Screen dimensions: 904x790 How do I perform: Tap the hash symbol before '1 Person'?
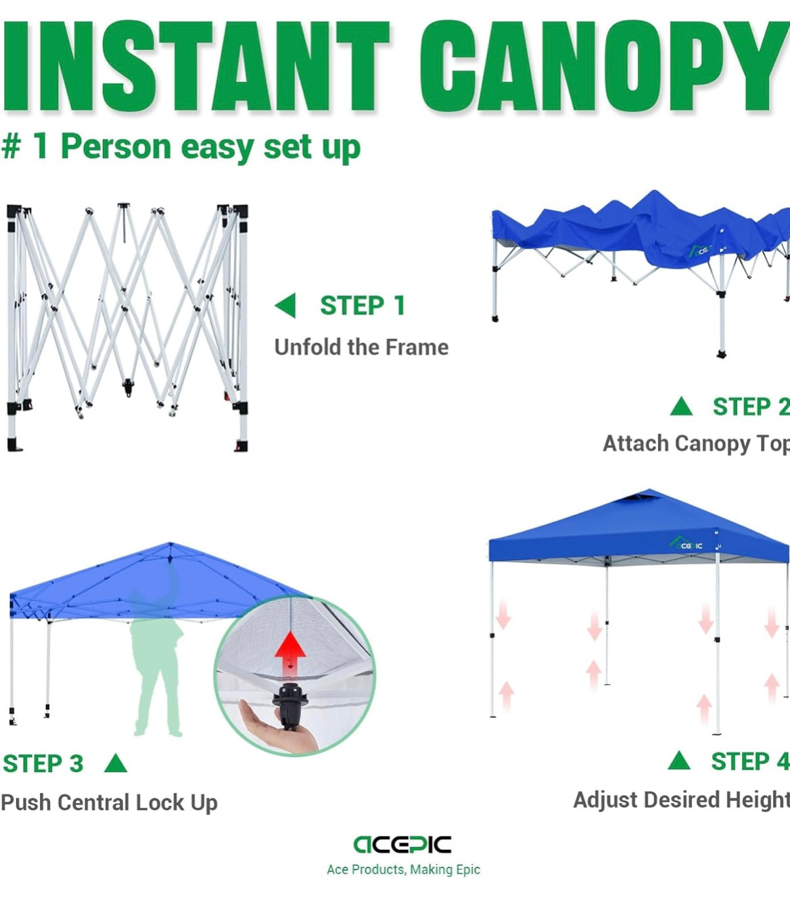pyautogui.click(x=11, y=147)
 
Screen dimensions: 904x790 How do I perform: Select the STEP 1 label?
pyautogui.click(x=363, y=306)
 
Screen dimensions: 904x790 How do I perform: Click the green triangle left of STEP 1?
pyautogui.click(x=286, y=306)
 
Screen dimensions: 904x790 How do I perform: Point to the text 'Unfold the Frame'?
pyautogui.click(x=361, y=347)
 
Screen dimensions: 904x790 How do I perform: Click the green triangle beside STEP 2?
pyautogui.click(x=681, y=407)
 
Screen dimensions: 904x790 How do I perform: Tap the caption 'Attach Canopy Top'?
pyautogui.click(x=695, y=443)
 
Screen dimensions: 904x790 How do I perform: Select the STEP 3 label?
pyautogui.click(x=43, y=763)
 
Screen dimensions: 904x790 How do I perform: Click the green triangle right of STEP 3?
pyautogui.click(x=116, y=764)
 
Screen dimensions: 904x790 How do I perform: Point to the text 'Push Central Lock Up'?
pyautogui.click(x=109, y=803)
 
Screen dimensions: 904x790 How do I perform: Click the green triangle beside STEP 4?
pyautogui.click(x=679, y=761)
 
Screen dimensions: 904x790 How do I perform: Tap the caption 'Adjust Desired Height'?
pyautogui.click(x=680, y=800)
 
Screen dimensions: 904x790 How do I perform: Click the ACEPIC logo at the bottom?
pyautogui.click(x=402, y=844)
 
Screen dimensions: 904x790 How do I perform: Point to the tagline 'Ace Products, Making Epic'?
pyautogui.click(x=403, y=869)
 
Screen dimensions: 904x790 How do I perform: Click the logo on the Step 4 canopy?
pyautogui.click(x=686, y=543)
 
